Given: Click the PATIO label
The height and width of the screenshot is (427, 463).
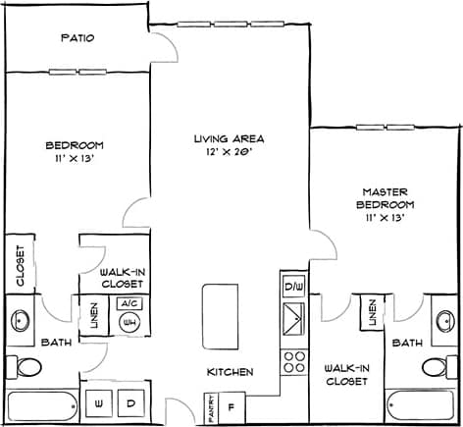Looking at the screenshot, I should (77, 38).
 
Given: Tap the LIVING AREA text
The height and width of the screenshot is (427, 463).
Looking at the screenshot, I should (229, 138).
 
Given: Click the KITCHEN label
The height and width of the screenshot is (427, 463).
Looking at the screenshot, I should (231, 372).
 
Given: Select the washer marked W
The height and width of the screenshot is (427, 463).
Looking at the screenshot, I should (99, 403).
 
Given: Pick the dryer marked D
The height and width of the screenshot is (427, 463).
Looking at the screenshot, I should (129, 403).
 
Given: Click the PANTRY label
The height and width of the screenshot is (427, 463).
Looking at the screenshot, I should (210, 405).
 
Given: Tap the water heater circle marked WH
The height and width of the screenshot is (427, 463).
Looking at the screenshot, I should (129, 322).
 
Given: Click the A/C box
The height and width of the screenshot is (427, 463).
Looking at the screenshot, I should (129, 304).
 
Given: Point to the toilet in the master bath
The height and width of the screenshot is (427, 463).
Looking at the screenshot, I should (436, 367).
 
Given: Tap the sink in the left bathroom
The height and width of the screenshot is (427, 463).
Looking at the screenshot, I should (23, 320).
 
